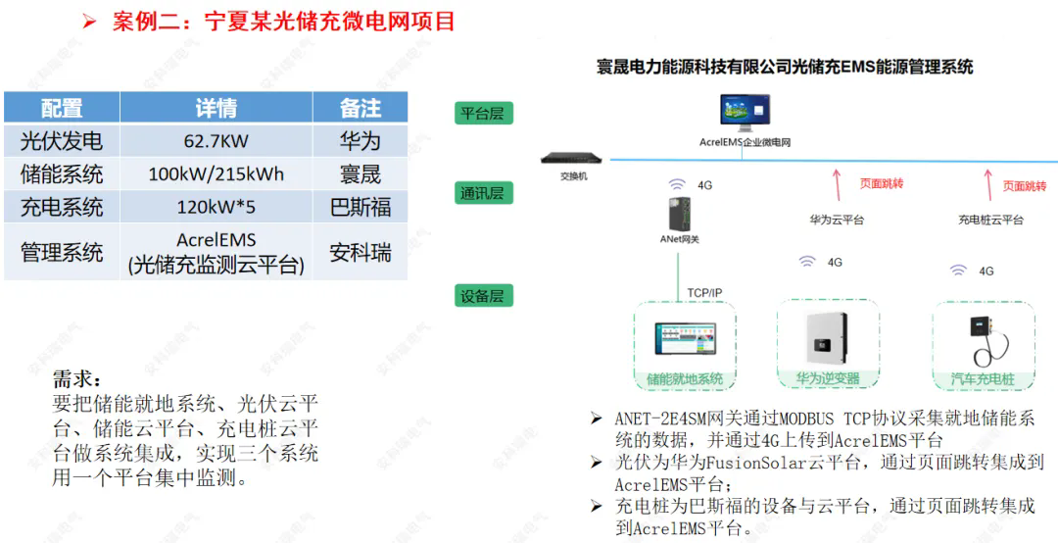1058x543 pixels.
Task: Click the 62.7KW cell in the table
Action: pyautogui.click(x=216, y=141)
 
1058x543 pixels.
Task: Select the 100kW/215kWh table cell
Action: pyautogui.click(x=216, y=174)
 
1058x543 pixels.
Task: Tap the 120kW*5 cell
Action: pyautogui.click(x=216, y=207)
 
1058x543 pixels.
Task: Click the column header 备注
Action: pyautogui.click(x=361, y=108)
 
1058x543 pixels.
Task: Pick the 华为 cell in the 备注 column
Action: pyautogui.click(x=361, y=141)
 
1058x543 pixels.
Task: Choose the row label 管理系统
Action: pyautogui.click(x=62, y=252)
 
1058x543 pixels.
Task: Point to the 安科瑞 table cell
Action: pyautogui.click(x=361, y=252)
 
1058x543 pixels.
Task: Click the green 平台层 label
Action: pyautogui.click(x=483, y=113)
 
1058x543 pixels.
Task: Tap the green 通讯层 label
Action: pyautogui.click(x=483, y=193)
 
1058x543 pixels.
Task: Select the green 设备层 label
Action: pyautogui.click(x=483, y=296)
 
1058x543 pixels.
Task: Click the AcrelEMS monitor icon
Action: pyautogui.click(x=745, y=112)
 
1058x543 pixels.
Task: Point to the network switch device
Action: pyautogui.click(x=571, y=158)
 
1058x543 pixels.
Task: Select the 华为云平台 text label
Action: pyautogui.click(x=837, y=220)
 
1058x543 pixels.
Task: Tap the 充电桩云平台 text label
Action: pyautogui.click(x=990, y=220)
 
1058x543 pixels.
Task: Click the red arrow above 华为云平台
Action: pyautogui.click(x=837, y=185)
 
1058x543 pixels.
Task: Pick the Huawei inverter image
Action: pyautogui.click(x=827, y=338)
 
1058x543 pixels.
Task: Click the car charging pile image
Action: pyautogui.click(x=983, y=340)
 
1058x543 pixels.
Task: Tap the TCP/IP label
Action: pyautogui.click(x=704, y=293)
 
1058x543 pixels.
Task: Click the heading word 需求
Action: pyautogui.click(x=77, y=379)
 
